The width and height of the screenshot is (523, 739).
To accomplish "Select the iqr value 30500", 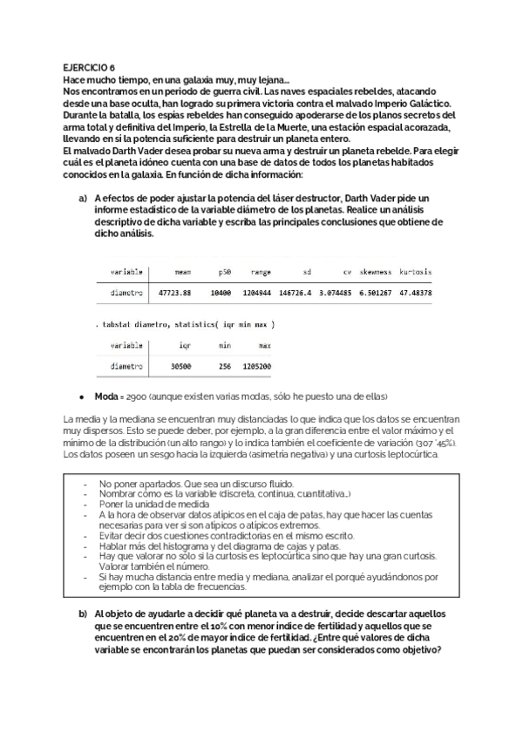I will click(x=180, y=366).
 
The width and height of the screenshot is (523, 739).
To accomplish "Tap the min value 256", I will click(x=224, y=366).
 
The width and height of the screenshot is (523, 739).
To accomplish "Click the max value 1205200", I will click(x=256, y=366).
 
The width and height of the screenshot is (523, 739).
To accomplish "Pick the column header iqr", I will click(x=184, y=345).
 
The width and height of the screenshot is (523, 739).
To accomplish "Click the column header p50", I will click(x=224, y=272).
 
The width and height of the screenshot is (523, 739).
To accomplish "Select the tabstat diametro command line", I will click(x=186, y=324).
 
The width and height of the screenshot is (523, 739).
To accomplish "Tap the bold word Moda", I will click(x=108, y=397).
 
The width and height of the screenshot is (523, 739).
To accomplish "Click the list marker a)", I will click(x=84, y=200).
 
